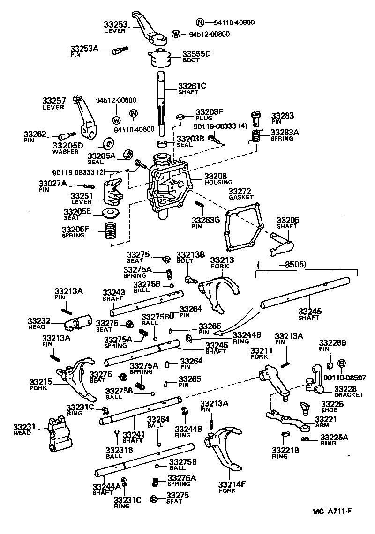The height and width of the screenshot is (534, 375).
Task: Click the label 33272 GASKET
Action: tap(240, 194)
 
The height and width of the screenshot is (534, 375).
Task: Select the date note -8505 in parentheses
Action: tap(283, 265)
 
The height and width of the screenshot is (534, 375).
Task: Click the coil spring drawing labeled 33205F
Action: tap(110, 231)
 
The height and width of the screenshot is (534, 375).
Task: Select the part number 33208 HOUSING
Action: tap(216, 178)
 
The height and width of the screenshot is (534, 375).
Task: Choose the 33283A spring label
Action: tap(284, 135)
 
